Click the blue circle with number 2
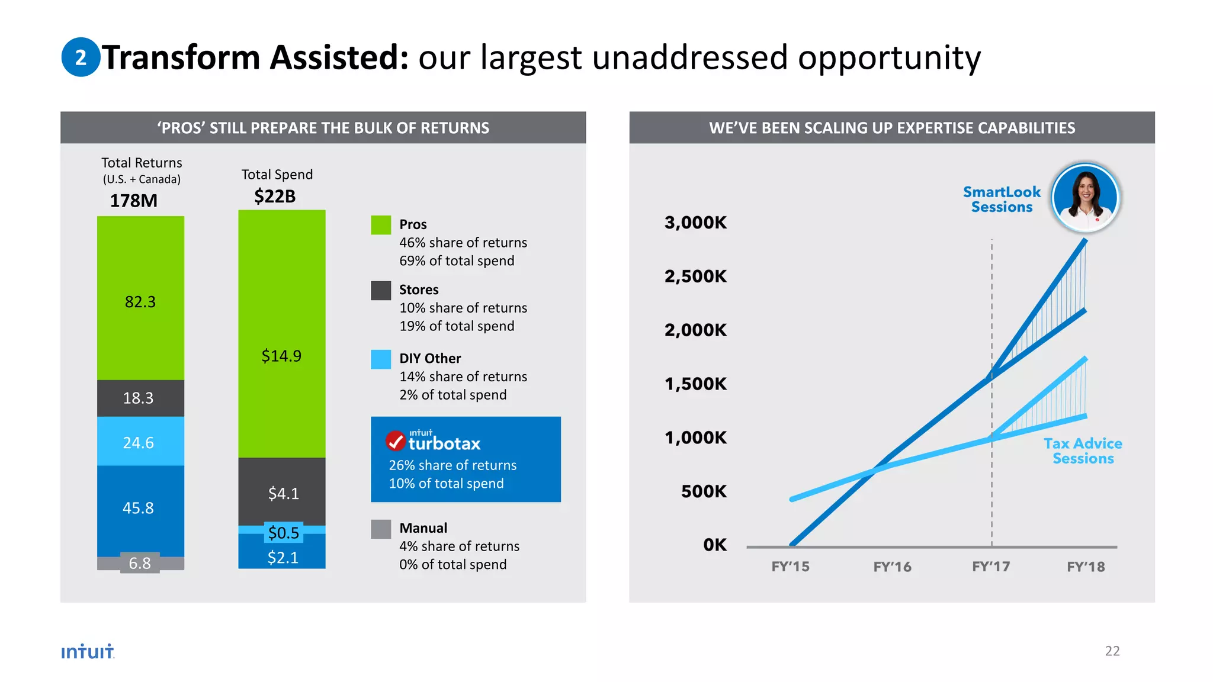coord(81,57)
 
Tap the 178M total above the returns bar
coord(134,201)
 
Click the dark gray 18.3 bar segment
coord(140,398)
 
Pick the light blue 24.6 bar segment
coord(140,442)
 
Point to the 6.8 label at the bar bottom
coord(140,563)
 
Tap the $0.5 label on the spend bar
coord(283,532)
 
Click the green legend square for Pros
coord(381,225)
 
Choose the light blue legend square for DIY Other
coord(381,359)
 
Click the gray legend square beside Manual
coord(381,529)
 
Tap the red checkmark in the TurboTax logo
coord(396,441)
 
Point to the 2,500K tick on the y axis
coord(695,276)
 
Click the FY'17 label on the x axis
coord(991,567)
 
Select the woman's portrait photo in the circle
coord(1085,198)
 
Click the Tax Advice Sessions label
coord(1083,451)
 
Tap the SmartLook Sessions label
coord(1002,200)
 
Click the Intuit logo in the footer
coord(88,651)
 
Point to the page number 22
coord(1112,651)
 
